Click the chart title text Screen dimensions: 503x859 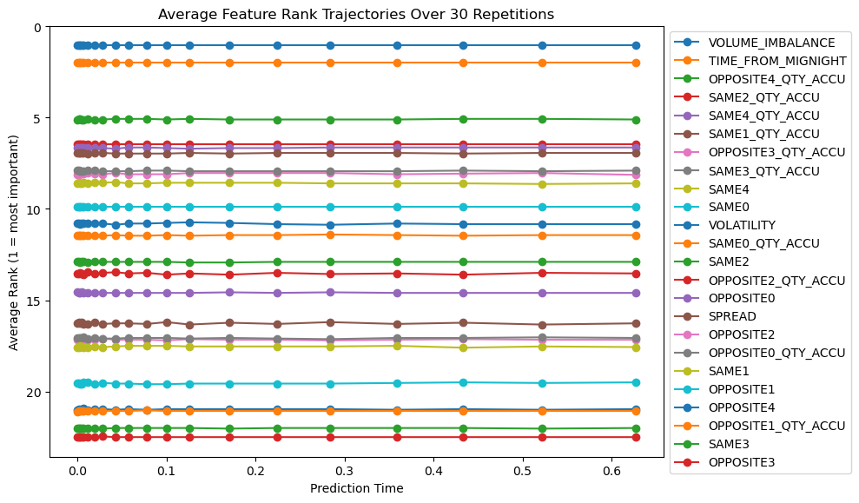tap(355, 14)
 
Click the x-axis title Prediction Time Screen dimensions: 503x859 tap(356, 488)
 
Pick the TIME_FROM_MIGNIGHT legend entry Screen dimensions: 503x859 tap(776, 60)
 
